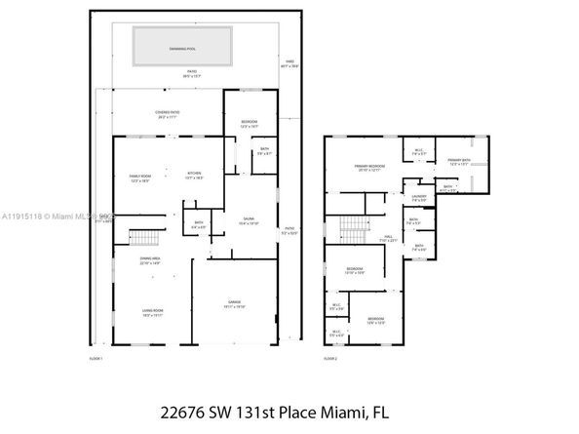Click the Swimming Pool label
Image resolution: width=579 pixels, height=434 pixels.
click(184, 45)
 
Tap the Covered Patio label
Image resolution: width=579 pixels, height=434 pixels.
click(167, 114)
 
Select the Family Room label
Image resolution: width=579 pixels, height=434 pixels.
click(140, 178)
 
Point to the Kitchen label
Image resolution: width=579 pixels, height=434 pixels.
click(196, 176)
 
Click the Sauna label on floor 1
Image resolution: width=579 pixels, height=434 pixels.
click(249, 221)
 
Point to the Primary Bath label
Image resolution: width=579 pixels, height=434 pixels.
click(458, 162)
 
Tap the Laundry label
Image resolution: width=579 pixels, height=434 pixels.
click(419, 199)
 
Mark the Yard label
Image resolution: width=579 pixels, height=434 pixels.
click(289, 62)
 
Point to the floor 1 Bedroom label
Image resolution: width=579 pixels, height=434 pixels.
click(248, 124)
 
